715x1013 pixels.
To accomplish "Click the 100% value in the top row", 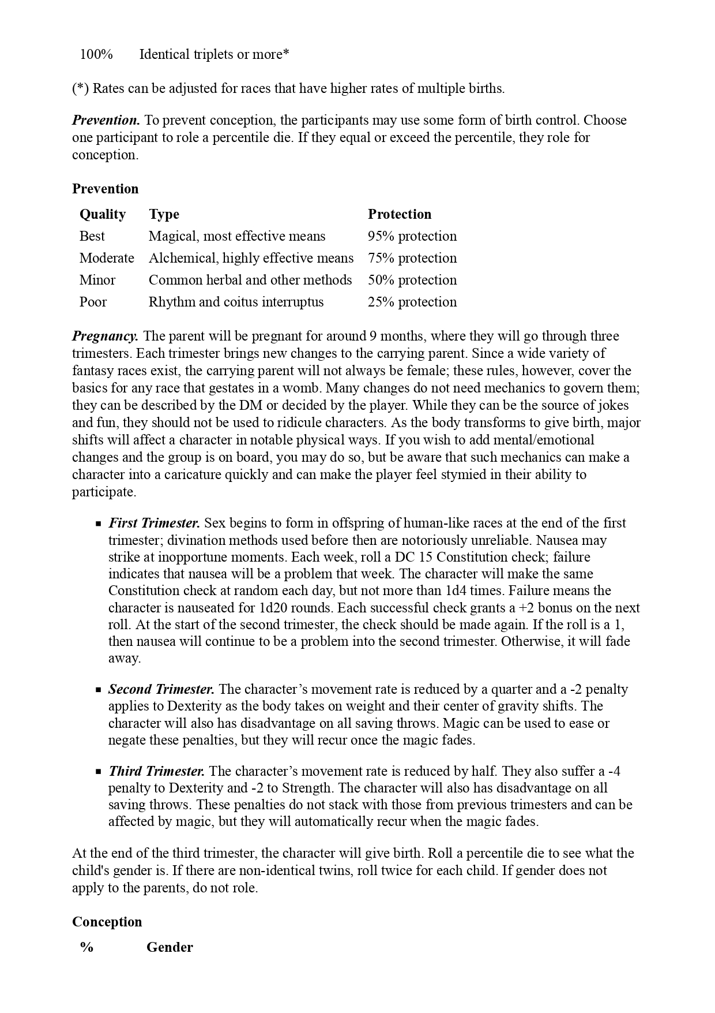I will (x=96, y=55).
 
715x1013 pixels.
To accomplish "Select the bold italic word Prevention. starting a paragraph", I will (x=106, y=121).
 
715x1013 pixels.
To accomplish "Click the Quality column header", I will (x=103, y=214).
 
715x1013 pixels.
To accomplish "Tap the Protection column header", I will (x=400, y=214).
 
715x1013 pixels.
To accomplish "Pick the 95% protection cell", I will (x=412, y=236).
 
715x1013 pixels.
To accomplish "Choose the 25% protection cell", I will (x=412, y=302).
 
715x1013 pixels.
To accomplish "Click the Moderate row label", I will (x=107, y=258).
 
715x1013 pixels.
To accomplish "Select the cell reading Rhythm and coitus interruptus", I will (x=236, y=302).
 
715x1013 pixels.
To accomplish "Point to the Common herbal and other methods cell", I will (x=250, y=280).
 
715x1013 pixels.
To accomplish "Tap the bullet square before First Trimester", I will (x=99, y=524).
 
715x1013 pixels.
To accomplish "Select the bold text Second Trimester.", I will (x=161, y=690).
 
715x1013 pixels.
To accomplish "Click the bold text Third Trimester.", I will (x=156, y=772).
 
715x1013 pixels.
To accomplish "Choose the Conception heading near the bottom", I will (x=107, y=922).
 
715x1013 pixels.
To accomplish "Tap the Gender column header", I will (x=170, y=948).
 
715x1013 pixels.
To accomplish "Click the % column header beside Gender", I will (x=87, y=948).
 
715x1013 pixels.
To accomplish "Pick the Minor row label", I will (x=97, y=280).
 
